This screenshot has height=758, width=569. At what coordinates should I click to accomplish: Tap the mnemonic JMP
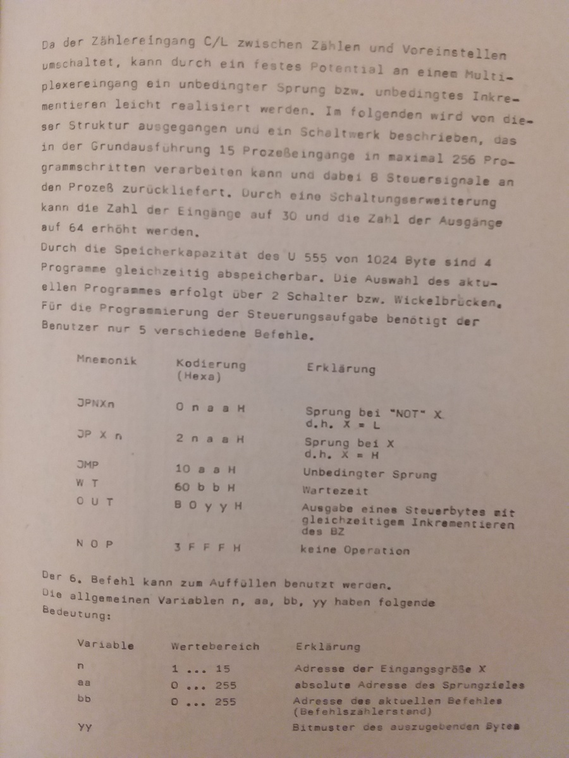coord(87,465)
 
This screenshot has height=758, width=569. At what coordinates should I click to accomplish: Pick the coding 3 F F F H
coord(208,547)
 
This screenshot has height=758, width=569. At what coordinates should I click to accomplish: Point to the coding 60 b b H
coord(205,487)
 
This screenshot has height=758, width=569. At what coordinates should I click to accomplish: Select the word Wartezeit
coord(327,490)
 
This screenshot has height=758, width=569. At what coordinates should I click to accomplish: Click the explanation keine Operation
coord(355,550)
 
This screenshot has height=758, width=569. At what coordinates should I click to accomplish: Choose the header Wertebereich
coord(214,646)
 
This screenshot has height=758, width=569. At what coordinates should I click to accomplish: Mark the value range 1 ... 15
coord(200,668)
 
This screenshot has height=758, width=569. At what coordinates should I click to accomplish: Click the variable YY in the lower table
coord(84,727)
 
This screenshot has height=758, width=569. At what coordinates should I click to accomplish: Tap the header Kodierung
coord(211,365)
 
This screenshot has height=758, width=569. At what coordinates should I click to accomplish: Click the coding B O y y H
coord(208,506)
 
